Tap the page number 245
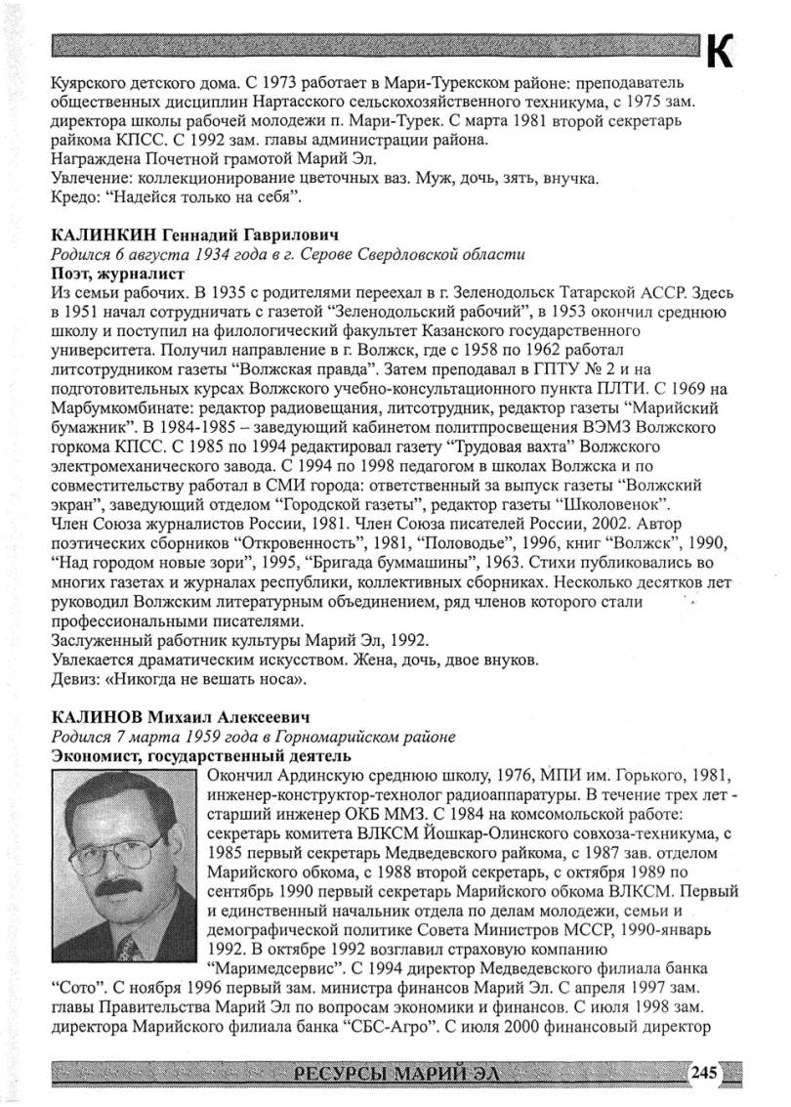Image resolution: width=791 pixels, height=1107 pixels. (704, 1073)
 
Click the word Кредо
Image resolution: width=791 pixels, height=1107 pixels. (72, 199)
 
